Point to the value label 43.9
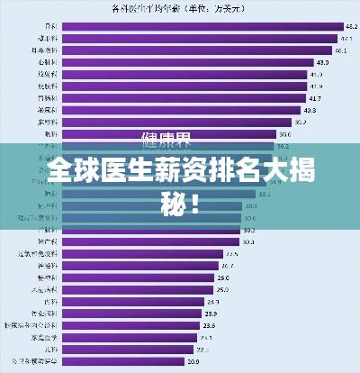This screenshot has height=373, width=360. tap(322, 63)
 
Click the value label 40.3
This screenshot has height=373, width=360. tap(309, 110)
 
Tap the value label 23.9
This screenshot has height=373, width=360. tap(209, 314)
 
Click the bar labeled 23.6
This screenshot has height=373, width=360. tap(131, 325)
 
